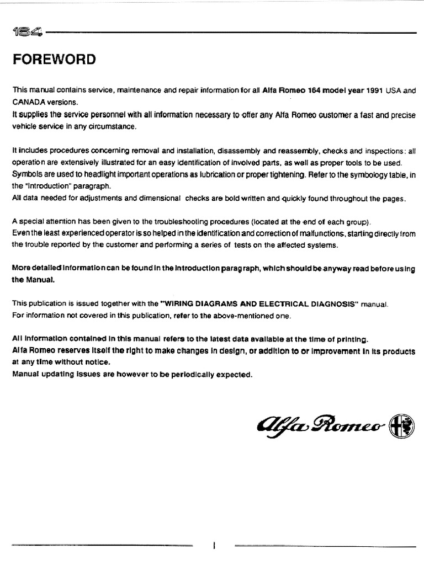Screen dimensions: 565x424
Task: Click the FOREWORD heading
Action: [54, 59]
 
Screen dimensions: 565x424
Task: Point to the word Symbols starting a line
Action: [26, 175]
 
